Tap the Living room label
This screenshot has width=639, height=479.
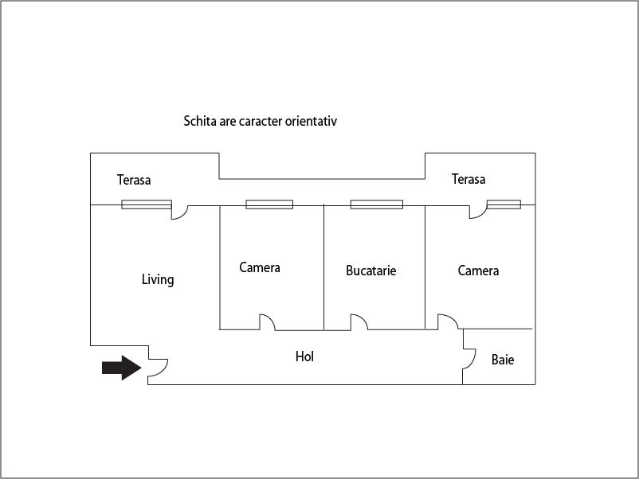[x=158, y=279]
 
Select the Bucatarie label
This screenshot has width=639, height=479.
[x=370, y=271]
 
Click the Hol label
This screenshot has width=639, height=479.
[x=304, y=356]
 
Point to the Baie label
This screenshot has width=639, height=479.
[x=503, y=360]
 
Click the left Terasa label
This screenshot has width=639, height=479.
[x=134, y=180]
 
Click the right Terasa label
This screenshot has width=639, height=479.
[x=468, y=179]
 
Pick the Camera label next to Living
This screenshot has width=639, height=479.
[x=260, y=267]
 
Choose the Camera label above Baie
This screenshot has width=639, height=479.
[x=478, y=271]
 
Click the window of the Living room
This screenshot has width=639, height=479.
[x=146, y=204]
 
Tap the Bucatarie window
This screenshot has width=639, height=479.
[x=376, y=204]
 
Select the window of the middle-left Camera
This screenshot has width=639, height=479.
[x=269, y=204]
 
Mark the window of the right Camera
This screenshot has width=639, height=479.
[x=504, y=204]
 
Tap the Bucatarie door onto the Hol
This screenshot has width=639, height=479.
[x=359, y=322]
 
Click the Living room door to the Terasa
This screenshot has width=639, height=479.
[x=179, y=211]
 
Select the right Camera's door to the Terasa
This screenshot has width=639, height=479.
[x=478, y=211]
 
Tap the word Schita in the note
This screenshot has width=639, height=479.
[x=200, y=122]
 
